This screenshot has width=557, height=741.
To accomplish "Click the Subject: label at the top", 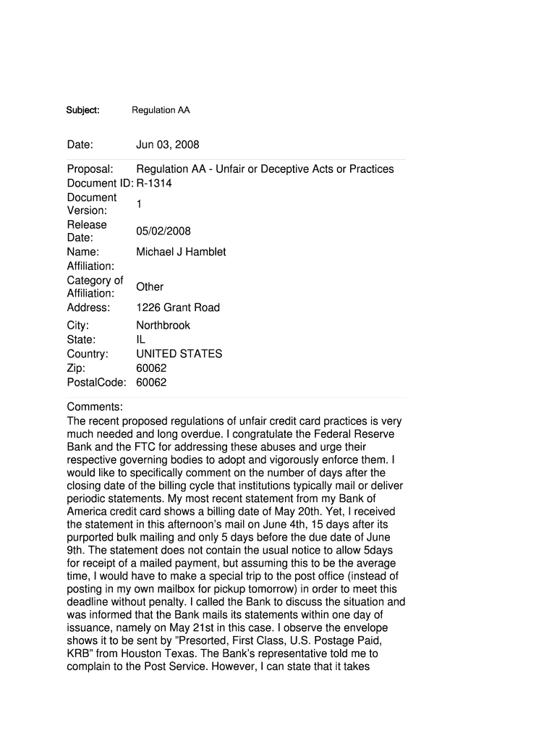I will [x=82, y=111].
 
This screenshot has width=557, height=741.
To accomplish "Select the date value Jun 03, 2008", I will [x=167, y=145].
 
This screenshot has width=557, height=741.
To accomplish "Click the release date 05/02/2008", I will [x=163, y=232].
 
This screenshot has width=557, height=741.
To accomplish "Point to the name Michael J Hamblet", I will [x=181, y=252].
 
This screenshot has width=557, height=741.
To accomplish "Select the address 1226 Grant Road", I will [x=178, y=308].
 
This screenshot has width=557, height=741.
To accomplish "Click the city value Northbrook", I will [x=163, y=326].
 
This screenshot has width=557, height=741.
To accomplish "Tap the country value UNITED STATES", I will [x=179, y=355].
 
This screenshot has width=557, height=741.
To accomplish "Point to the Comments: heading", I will [x=95, y=407].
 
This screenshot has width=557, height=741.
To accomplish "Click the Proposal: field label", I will [x=90, y=169].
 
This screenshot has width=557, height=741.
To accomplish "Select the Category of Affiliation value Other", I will [x=150, y=287].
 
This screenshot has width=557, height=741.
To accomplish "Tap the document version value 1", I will [x=139, y=204].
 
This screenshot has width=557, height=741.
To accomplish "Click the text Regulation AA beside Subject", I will [x=161, y=111].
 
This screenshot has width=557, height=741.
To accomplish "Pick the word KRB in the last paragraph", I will [x=79, y=655].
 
